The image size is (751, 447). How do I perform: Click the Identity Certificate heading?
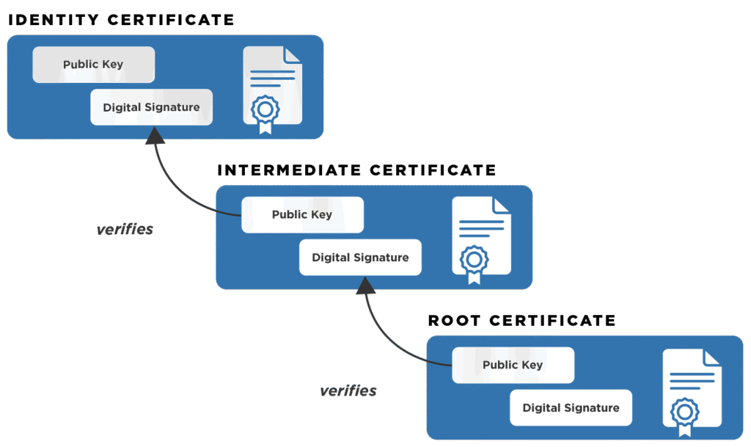(121, 20)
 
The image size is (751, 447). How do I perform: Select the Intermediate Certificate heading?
(356, 170)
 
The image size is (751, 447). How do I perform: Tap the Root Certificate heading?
(521, 320)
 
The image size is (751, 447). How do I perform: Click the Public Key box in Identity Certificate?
(93, 65)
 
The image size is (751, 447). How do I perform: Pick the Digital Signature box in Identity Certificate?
(151, 107)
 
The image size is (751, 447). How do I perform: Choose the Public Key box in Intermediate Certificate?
(302, 215)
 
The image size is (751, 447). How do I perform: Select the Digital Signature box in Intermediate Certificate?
(360, 258)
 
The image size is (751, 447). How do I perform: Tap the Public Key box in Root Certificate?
(513, 366)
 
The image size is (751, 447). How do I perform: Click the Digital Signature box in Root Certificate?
(571, 408)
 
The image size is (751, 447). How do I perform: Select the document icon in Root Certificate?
(692, 388)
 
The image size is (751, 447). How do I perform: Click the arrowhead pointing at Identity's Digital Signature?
(155, 135)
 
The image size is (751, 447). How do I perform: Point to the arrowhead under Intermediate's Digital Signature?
(364, 285)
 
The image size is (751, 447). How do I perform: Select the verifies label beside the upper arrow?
(125, 229)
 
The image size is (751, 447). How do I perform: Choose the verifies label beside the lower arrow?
(348, 390)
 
